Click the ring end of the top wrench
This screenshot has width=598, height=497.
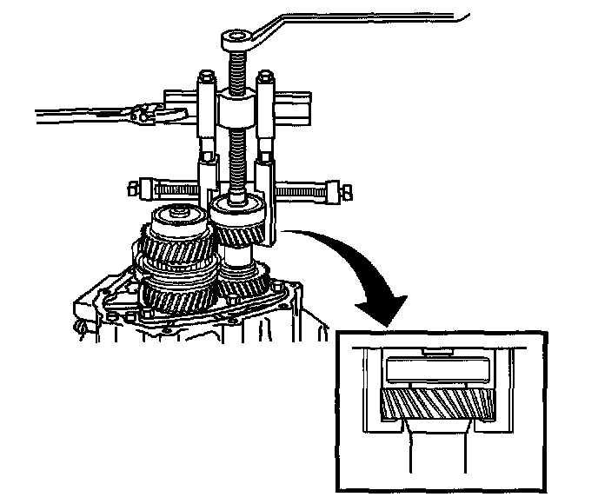point(236,37)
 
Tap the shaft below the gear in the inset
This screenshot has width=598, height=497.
point(436,456)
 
